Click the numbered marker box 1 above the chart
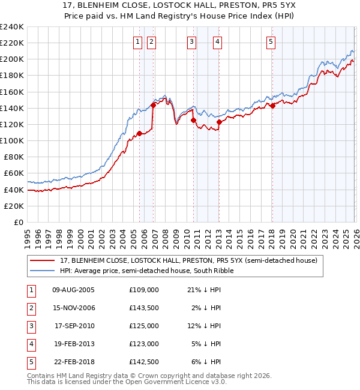pyautogui.click(x=138, y=41)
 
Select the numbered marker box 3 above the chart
pyautogui.click(x=191, y=41)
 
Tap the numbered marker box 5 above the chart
pyautogui.click(x=271, y=41)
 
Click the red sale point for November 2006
pyautogui.click(x=153, y=105)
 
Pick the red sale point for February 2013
pyautogui.click(x=219, y=122)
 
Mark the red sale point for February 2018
pyautogui.click(x=272, y=106)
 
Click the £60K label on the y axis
pyautogui.click(x=14, y=173)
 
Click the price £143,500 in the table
pyautogui.click(x=143, y=308)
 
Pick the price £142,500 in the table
pyautogui.click(x=143, y=362)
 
